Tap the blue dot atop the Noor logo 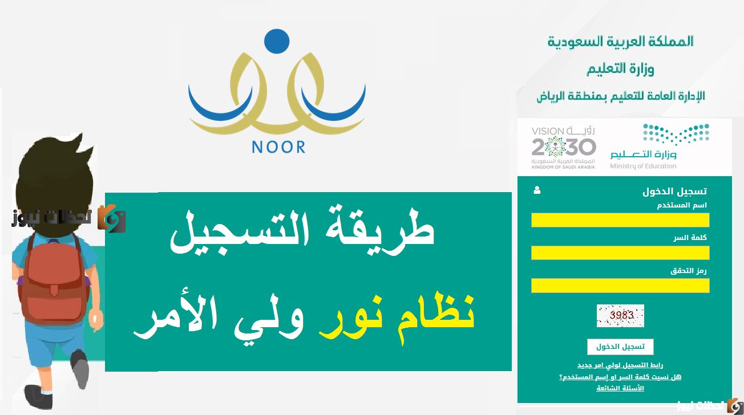[277, 40]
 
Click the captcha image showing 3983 [620, 315]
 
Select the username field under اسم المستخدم [620, 220]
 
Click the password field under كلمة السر [620, 253]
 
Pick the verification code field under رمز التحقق [620, 286]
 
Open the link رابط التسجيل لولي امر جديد [620, 365]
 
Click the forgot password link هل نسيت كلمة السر [620, 377]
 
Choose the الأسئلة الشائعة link [620, 388]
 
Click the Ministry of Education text [643, 166]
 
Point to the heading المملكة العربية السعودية [621, 42]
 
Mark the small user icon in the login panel [536, 191]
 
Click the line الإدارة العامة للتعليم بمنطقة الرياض [621, 96]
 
